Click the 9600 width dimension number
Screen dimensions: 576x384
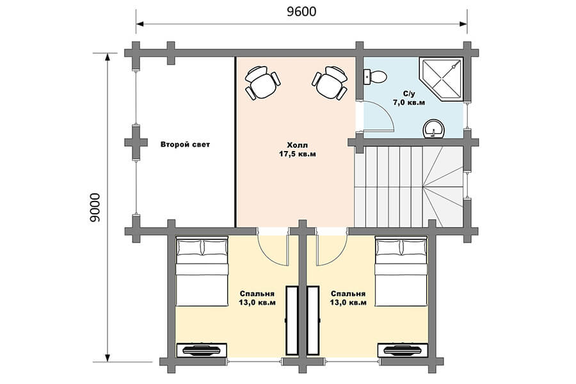(x=301, y=12)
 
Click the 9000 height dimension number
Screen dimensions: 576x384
(x=95, y=207)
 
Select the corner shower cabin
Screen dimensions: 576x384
(x=442, y=79)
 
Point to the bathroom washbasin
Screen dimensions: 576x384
(x=434, y=129)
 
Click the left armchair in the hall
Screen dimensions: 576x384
(x=262, y=83)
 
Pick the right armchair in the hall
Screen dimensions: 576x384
(x=330, y=83)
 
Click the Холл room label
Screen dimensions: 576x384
(x=297, y=145)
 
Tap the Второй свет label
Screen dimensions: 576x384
(x=185, y=145)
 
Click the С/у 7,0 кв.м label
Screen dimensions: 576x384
(x=409, y=99)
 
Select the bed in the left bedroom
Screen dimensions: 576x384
(x=202, y=272)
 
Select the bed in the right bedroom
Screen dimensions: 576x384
(x=401, y=272)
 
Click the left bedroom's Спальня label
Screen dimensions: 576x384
(x=257, y=294)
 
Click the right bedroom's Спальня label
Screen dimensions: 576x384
(x=348, y=294)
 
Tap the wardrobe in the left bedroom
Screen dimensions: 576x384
(x=292, y=320)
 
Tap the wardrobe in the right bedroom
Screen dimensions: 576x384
(x=313, y=320)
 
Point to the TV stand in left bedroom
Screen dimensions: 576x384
(x=202, y=350)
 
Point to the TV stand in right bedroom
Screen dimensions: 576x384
(x=403, y=350)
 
